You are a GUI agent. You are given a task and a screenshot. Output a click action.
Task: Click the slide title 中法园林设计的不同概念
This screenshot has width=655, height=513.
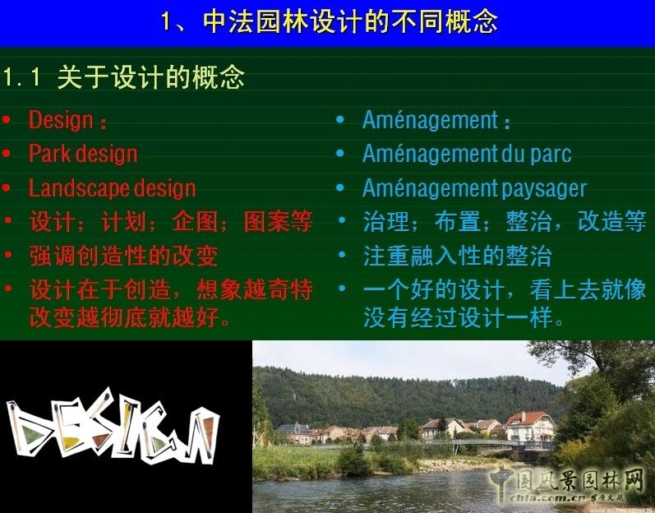pyautogui.click(x=329, y=21)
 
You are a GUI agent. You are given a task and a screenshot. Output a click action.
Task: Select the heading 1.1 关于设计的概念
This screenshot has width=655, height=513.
pyautogui.click(x=123, y=78)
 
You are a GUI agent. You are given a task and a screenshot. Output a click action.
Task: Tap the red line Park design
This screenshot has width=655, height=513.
pyautogui.click(x=82, y=154)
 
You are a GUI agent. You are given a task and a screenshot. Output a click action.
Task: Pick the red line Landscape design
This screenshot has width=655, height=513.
pyautogui.click(x=112, y=188)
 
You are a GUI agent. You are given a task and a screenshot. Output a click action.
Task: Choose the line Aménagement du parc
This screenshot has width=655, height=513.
pyautogui.click(x=466, y=154)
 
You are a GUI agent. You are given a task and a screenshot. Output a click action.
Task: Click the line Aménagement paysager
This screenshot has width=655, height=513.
pyautogui.click(x=474, y=188)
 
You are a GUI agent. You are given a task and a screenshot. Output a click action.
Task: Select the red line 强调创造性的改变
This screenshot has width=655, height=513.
pyautogui.click(x=123, y=256)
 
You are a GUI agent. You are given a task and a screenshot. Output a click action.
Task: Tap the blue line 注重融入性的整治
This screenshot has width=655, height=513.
pyautogui.click(x=457, y=256)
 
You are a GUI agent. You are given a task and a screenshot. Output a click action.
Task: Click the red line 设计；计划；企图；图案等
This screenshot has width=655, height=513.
pyautogui.click(x=171, y=222)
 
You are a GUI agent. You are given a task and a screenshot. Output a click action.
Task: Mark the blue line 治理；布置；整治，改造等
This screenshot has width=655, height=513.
pyautogui.click(x=504, y=222)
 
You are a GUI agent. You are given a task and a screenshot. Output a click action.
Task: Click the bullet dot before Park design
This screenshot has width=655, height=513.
pyautogui.click(x=7, y=154)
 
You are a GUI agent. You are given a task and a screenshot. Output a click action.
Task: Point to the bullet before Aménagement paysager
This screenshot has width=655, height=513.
pyautogui.click(x=341, y=188)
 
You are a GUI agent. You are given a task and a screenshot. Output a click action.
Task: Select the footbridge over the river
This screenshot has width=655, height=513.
pyautogui.click(x=485, y=445)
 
